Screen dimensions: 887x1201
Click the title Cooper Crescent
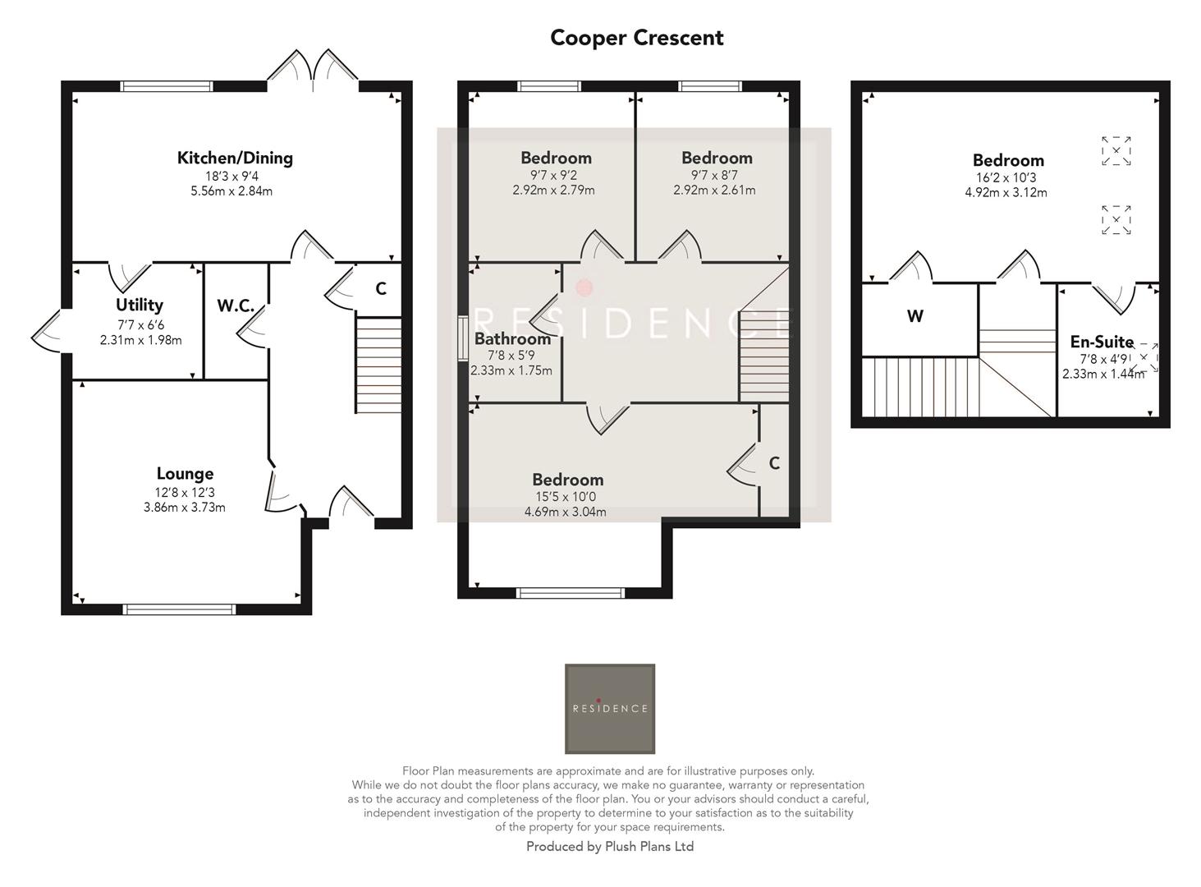[x=636, y=38]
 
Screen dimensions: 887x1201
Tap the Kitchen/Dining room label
[x=235, y=158]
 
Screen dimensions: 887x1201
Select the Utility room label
[x=140, y=305]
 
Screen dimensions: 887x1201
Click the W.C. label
[x=236, y=306]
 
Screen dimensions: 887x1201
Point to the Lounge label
[x=185, y=473]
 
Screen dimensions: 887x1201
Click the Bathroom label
[x=512, y=338]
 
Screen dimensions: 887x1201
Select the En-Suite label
[x=1102, y=342]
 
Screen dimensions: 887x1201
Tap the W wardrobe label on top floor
[x=915, y=316]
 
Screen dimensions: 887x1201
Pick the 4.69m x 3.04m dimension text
[x=566, y=512]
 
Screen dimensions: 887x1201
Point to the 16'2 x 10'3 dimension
[x=1006, y=177]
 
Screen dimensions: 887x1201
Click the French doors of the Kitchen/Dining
[x=313, y=70]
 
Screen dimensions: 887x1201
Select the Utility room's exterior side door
[x=48, y=331]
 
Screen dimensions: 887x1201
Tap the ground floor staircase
[x=378, y=365]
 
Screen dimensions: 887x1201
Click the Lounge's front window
[x=179, y=609]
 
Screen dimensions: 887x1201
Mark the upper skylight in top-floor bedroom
[x=1116, y=151]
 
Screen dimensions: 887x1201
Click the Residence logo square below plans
[x=610, y=709]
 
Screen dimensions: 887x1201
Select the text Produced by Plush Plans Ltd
[x=610, y=847]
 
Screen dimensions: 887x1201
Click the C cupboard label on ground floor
[x=381, y=289]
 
